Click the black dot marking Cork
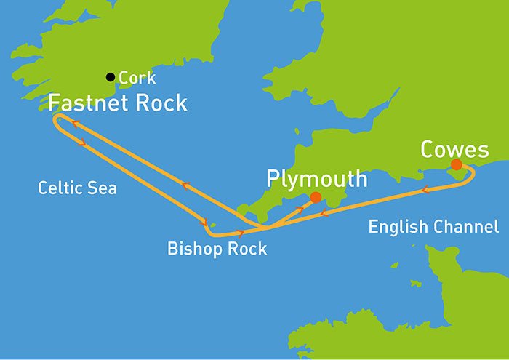click(110, 76)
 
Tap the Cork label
click(137, 77)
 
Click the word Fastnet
click(85, 103)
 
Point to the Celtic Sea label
click(77, 189)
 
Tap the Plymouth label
click(316, 178)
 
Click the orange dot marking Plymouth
click(315, 197)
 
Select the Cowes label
click(454, 150)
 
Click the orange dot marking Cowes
click(456, 165)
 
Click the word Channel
click(466, 227)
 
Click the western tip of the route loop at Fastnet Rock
click(55, 122)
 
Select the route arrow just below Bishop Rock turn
click(240, 233)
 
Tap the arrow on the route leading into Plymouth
click(299, 211)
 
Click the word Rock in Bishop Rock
click(247, 249)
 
